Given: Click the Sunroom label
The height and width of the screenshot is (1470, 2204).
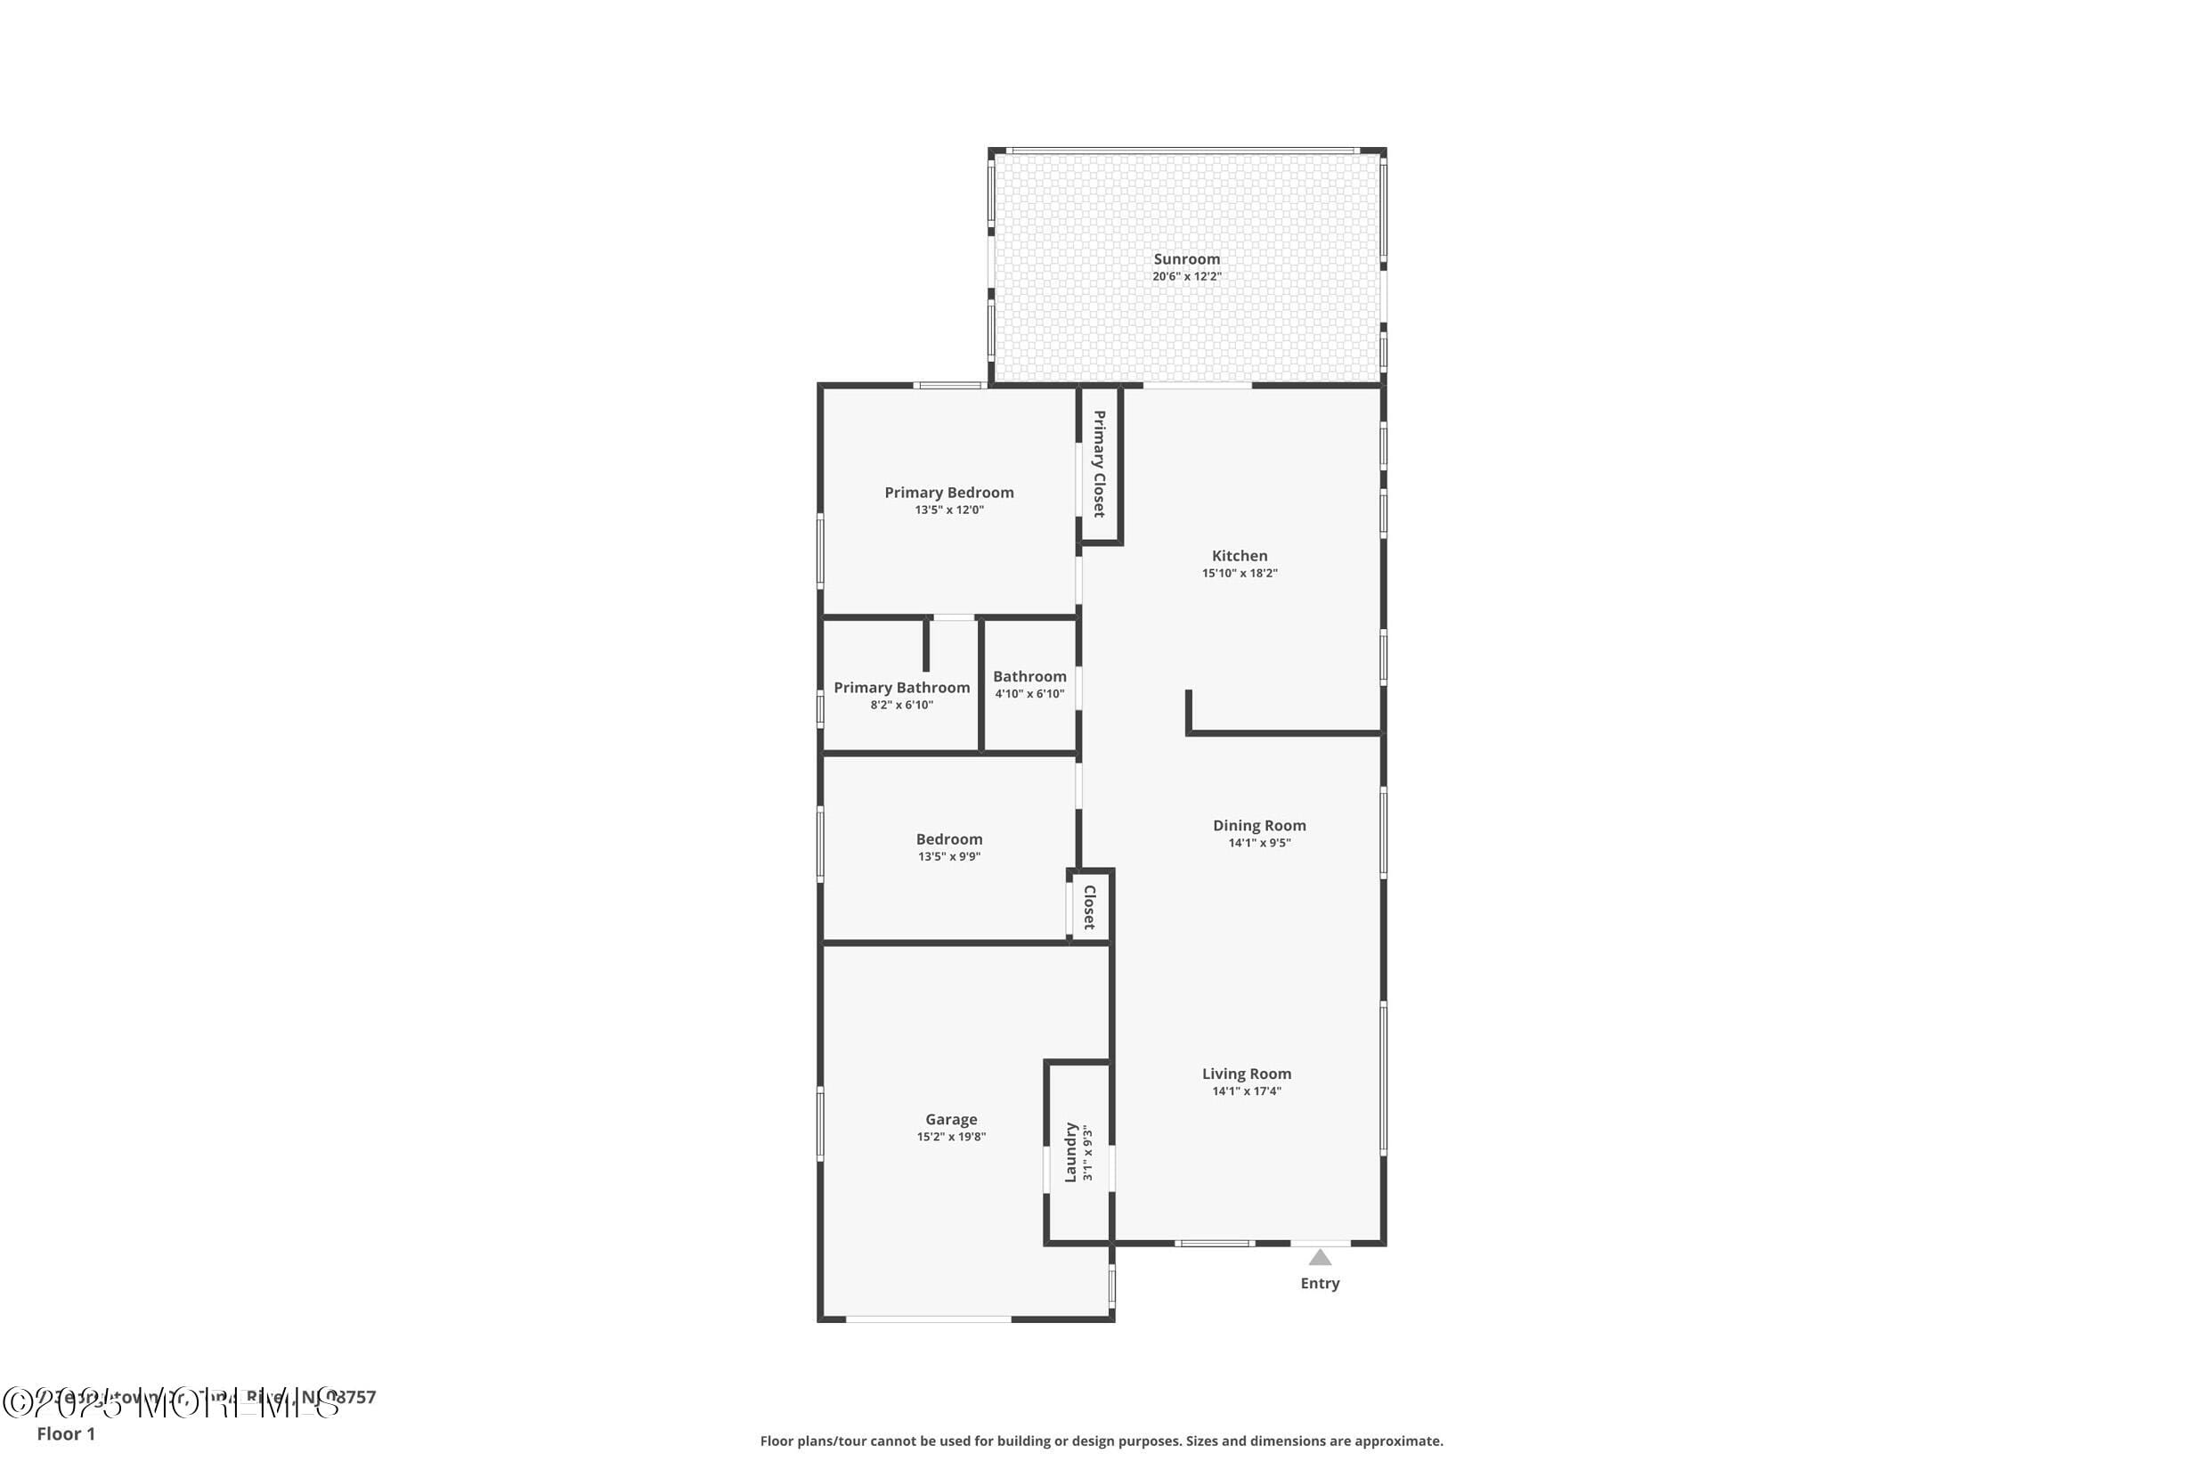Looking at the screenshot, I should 1186,259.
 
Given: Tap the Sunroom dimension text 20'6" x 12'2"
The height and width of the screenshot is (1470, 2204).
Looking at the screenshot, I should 1186,276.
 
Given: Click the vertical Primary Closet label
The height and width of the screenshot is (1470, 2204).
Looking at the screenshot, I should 1099,464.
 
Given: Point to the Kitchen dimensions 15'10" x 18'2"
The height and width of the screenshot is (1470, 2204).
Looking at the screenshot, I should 1239,573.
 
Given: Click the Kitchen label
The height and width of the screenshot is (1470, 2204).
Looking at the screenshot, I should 1239,556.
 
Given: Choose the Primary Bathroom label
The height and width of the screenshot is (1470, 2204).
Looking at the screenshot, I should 901,688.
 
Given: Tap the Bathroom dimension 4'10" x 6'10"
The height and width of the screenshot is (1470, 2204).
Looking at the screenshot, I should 1029,694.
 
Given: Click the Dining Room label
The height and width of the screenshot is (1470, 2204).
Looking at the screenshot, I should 1258,826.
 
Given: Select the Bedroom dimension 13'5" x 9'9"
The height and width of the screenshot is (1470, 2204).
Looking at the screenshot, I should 948,856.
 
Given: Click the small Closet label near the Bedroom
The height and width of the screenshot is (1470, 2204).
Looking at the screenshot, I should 1089,907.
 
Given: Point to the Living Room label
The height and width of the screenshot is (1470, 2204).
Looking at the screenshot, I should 1247,1074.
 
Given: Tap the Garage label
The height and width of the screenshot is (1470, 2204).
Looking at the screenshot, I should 951,1119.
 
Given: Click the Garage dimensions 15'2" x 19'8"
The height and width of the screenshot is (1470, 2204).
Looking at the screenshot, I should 951,1137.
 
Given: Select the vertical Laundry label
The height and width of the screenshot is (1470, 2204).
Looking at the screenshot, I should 1070,1153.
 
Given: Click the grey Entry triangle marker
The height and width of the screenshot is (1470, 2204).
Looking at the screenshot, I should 1320,1258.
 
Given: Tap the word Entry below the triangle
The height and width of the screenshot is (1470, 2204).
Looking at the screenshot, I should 1320,1284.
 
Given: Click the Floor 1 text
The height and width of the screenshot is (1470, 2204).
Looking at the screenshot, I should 66,1433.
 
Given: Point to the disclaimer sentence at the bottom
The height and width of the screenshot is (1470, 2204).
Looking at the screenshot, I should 1101,1441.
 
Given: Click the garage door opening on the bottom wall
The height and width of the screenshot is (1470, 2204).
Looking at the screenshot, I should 928,1319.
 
